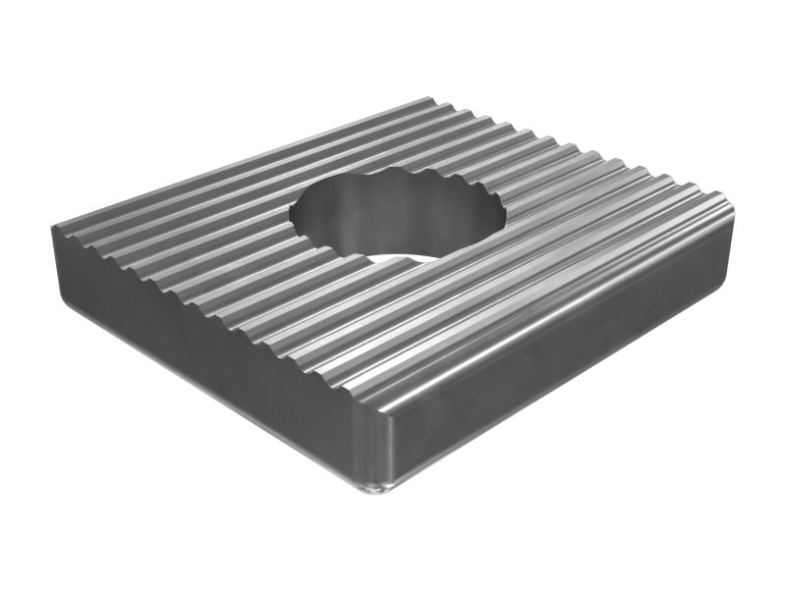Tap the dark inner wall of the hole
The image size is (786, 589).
coord(393,221)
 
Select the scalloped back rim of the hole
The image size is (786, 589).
coord(403,176)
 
